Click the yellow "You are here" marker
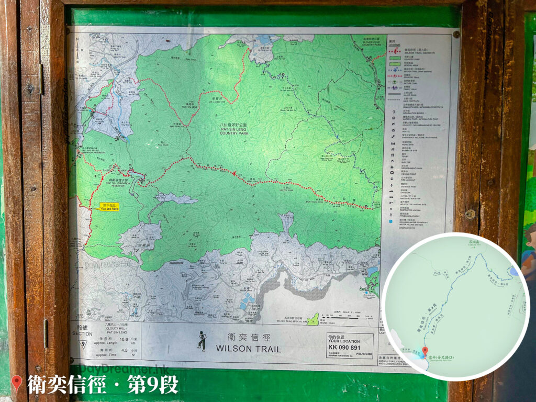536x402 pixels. click(x=109, y=207)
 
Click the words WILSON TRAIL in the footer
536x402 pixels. click(x=248, y=349)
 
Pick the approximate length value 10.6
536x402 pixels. click(x=124, y=340)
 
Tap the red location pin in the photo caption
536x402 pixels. click(x=17, y=384)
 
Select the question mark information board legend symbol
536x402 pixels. click(x=393, y=111)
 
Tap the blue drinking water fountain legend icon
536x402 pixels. click(x=392, y=222)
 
